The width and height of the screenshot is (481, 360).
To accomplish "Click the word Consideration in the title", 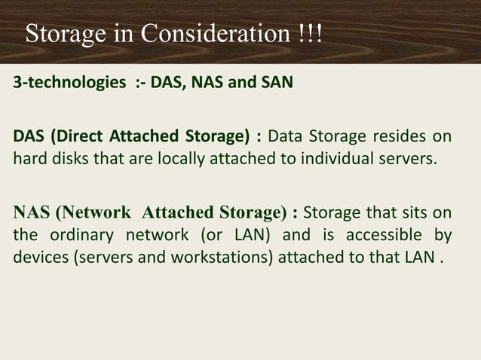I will (204, 34).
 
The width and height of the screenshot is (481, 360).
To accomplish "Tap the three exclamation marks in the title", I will (309, 34).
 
